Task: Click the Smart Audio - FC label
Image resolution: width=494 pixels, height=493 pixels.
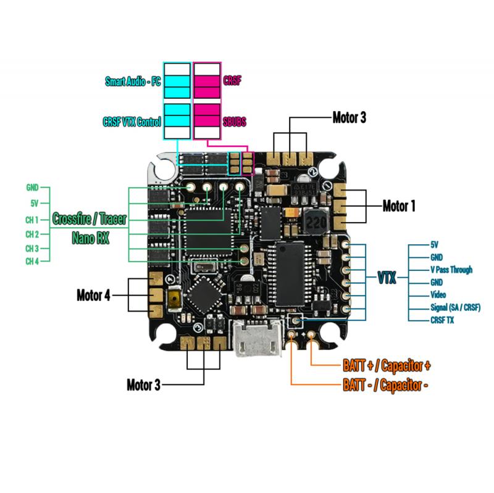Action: [132, 81]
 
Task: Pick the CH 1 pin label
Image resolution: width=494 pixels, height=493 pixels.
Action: [32, 219]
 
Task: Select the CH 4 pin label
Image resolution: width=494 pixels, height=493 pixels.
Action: [32, 262]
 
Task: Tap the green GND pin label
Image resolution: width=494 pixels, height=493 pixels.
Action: [32, 187]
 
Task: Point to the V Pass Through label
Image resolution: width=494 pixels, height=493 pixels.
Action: [451, 270]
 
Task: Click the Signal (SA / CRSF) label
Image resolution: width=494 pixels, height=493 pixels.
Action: [455, 307]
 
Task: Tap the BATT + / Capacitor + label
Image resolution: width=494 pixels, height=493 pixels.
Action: [387, 365]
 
